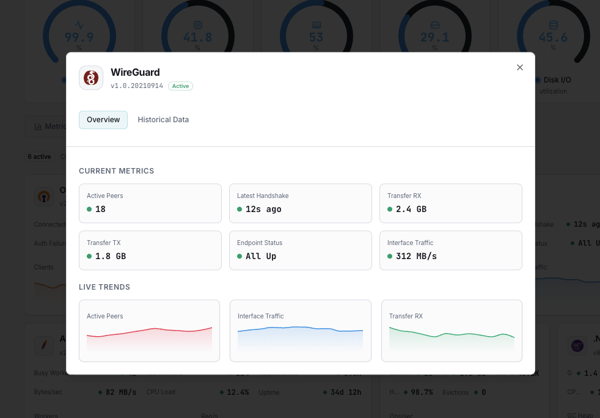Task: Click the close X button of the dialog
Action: pos(520,67)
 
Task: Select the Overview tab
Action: pos(103,120)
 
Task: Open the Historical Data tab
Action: pos(163,120)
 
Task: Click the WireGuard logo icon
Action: pos(91,78)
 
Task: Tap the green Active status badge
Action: pos(180,86)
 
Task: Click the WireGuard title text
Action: pos(135,72)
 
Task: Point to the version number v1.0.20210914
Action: pos(137,86)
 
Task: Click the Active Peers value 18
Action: pos(100,209)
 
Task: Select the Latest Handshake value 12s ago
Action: pos(263,209)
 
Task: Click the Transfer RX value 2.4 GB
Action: pos(411,209)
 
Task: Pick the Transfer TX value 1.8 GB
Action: pos(110,256)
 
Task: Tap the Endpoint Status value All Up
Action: pos(261,256)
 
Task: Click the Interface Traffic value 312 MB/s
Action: pos(416,256)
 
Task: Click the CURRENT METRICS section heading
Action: pos(117,171)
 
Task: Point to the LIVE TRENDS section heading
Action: pos(104,287)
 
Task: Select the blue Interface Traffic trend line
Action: pos(300,328)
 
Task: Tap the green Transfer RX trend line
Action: pos(452,334)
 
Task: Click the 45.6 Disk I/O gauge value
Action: pos(553,37)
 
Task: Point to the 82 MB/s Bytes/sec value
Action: pos(121,392)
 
